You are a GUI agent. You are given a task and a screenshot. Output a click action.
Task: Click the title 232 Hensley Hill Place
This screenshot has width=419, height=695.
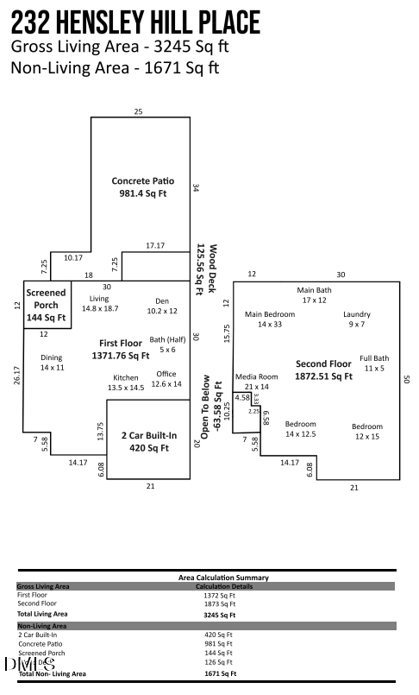click(135, 22)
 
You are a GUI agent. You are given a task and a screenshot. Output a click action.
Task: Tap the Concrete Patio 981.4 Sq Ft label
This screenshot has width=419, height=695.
click(143, 187)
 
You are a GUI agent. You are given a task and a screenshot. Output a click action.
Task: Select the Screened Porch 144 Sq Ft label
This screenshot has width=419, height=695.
click(46, 304)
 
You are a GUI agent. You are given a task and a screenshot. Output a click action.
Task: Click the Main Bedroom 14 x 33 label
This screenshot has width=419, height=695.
click(270, 319)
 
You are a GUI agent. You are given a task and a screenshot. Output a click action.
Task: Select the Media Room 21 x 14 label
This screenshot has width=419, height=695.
click(257, 382)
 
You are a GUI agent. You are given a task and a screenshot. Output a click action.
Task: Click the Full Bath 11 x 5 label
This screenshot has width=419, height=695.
click(375, 363)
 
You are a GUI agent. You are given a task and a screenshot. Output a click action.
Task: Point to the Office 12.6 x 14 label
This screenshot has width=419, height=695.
click(166, 379)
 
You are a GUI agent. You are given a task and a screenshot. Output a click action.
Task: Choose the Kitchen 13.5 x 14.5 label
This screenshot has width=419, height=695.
click(125, 383)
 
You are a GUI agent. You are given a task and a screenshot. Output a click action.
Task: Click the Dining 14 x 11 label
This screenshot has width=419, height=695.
click(52, 363)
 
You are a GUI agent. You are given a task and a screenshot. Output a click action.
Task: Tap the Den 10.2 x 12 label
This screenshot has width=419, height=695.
click(161, 306)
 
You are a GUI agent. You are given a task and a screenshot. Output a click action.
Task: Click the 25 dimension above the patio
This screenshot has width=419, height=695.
click(138, 112)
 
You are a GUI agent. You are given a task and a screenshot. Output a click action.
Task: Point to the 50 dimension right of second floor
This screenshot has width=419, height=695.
click(406, 378)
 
